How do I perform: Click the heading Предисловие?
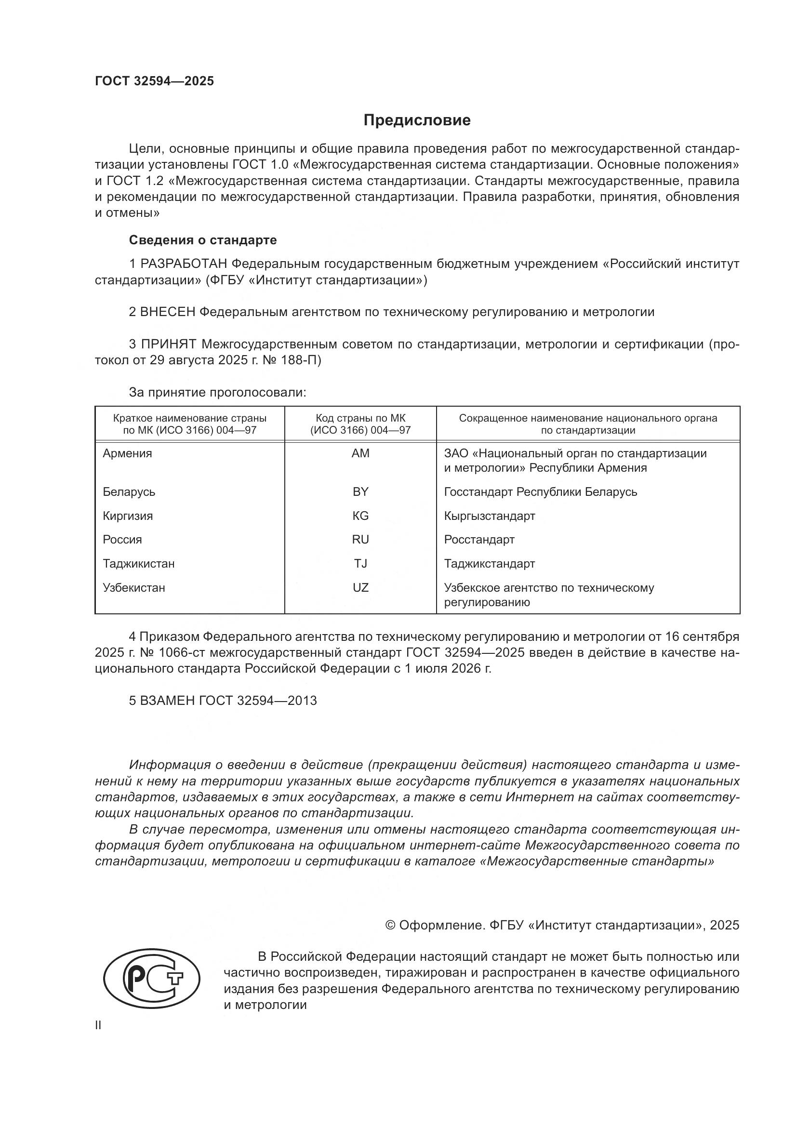[417, 120]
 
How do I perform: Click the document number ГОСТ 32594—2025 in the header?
[155, 81]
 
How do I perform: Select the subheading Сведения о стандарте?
[203, 240]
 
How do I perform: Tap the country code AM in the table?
[360, 453]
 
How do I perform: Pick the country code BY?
[360, 492]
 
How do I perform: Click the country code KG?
[360, 516]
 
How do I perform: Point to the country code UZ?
[360, 587]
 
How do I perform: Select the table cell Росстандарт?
[479, 540]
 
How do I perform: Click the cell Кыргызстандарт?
[489, 516]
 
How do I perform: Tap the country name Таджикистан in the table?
[138, 564]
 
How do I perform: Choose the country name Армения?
[127, 453]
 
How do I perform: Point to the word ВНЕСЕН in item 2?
[167, 312]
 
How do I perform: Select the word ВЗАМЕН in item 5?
[167, 701]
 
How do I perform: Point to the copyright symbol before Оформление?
[390, 925]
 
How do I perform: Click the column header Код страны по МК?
[360, 418]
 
